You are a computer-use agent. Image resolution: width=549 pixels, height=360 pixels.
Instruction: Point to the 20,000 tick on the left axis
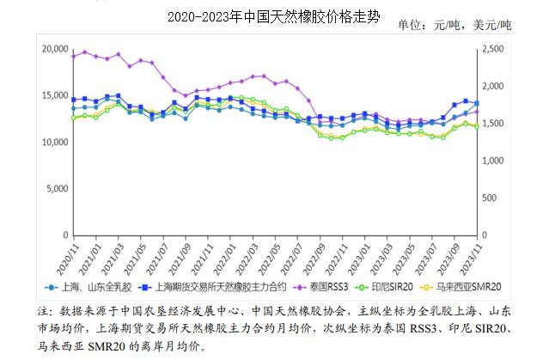click(x=54, y=49)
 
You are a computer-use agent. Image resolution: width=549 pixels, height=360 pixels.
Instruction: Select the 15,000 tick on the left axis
click(x=54, y=95)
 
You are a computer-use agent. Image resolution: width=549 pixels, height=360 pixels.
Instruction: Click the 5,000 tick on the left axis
click(x=57, y=188)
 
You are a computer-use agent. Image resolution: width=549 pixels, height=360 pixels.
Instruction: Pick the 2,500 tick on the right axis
click(x=497, y=49)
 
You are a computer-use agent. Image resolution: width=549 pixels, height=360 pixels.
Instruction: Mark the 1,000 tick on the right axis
click(x=497, y=161)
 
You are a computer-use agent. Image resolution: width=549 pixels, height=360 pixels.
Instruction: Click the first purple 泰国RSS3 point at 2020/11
click(x=73, y=57)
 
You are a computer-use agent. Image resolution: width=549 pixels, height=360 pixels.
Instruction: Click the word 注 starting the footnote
click(x=45, y=310)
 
